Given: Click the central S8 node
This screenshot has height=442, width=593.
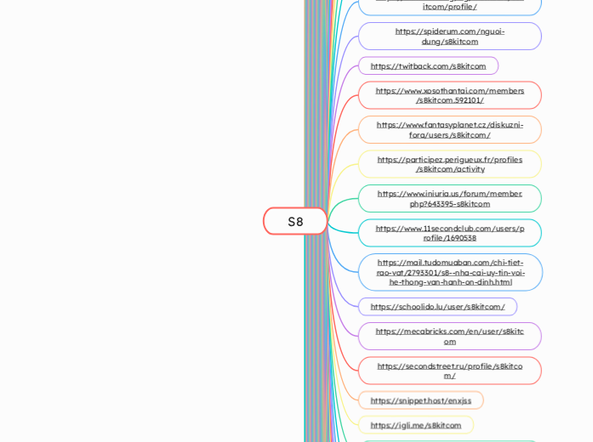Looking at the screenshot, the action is tap(295, 221).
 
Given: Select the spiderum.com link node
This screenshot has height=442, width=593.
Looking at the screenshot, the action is tap(449, 36).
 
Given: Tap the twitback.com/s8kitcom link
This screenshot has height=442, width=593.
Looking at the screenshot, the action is tap(428, 65).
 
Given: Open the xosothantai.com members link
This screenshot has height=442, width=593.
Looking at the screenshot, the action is tap(449, 95).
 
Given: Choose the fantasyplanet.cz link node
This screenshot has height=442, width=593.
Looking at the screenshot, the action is tap(449, 129).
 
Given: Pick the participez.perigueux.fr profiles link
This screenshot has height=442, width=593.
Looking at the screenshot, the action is tap(449, 164).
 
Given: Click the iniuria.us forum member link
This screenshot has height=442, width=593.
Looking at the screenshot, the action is tap(449, 198).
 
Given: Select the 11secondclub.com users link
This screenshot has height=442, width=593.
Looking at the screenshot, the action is tap(449, 233).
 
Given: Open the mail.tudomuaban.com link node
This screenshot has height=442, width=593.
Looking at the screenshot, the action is tap(450, 272).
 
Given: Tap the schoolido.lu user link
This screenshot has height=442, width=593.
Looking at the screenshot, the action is tap(437, 307).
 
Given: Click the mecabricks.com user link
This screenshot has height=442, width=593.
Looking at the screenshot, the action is tap(449, 336).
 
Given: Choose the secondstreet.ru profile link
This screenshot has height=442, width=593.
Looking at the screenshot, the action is tap(449, 371).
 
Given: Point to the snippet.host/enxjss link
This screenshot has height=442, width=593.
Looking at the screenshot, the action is tap(420, 400).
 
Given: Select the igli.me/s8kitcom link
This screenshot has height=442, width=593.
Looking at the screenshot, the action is tap(415, 425).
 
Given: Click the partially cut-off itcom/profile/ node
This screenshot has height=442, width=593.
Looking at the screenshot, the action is tap(449, 6).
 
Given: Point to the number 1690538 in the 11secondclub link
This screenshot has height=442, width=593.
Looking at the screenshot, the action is tap(459, 238).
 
